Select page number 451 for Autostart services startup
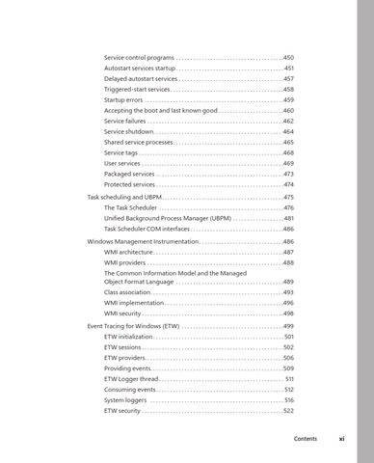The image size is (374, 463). pyautogui.click(x=288, y=69)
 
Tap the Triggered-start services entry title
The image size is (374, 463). pyautogui.click(x=137, y=90)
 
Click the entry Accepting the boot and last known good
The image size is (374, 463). pyautogui.click(x=160, y=111)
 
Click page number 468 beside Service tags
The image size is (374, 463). pyautogui.click(x=288, y=152)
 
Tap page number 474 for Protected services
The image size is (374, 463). pyautogui.click(x=288, y=184)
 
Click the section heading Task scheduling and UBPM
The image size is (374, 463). pyautogui.click(x=125, y=197)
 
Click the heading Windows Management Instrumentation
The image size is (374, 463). pyautogui.click(x=142, y=241)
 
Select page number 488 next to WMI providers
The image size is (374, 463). pyautogui.click(x=288, y=262)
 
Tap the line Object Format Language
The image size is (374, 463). pyautogui.click(x=139, y=282)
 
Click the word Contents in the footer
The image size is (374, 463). pyautogui.click(x=306, y=440)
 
